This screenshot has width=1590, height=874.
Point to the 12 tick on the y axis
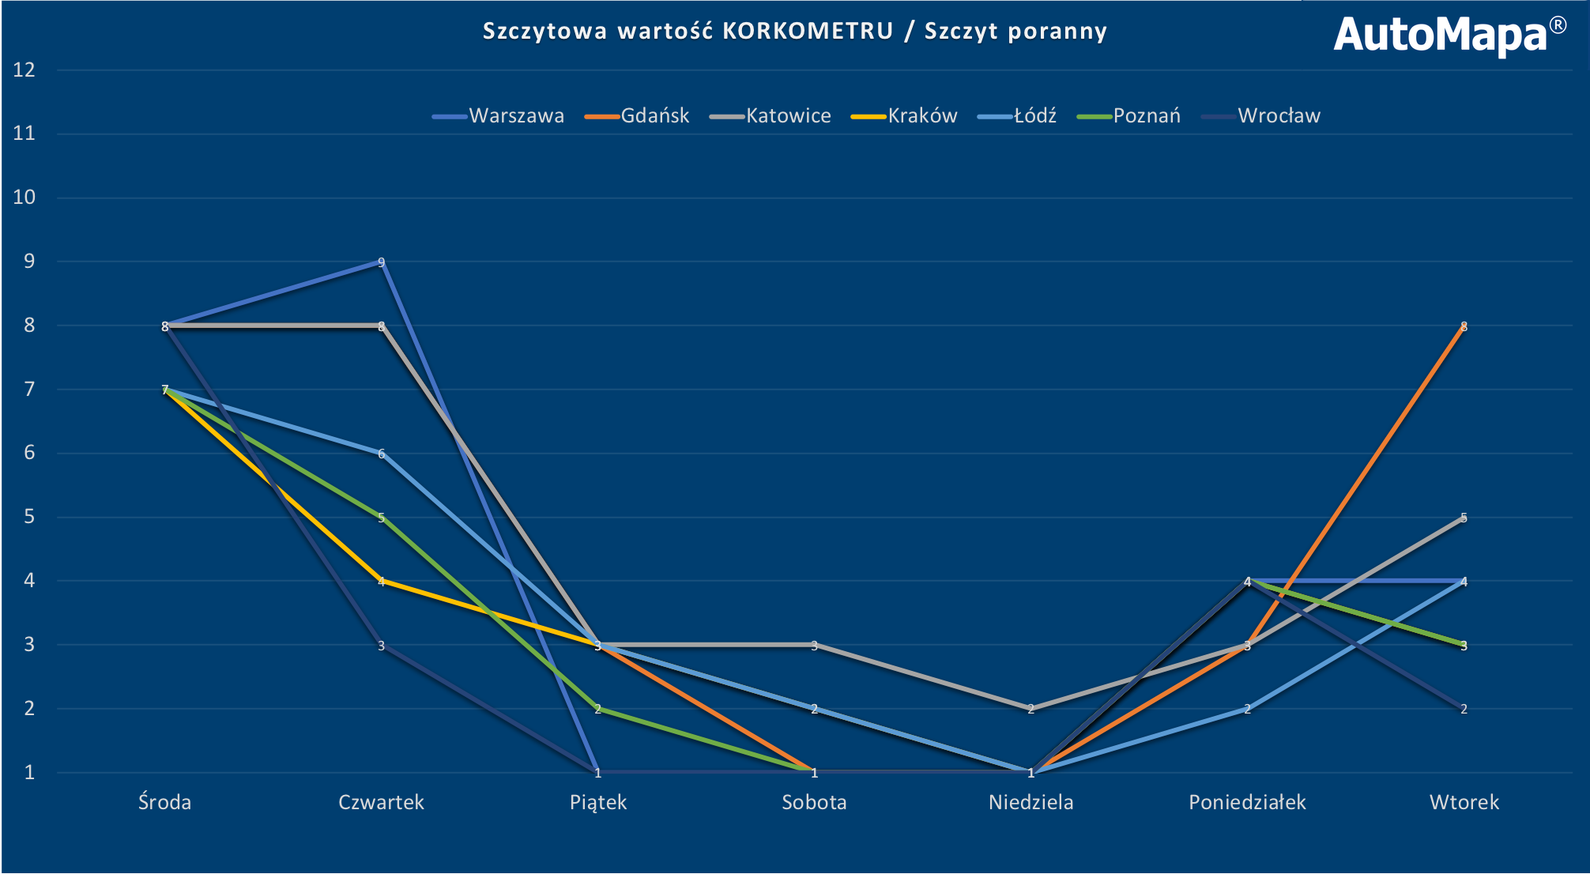point(24,70)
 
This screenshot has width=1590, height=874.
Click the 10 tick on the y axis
point(24,198)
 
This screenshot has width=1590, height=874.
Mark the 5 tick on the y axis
point(29,518)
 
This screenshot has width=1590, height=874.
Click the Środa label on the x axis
point(164,803)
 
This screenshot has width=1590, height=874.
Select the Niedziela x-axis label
point(1030,803)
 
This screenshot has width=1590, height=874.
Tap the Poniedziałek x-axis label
point(1247,803)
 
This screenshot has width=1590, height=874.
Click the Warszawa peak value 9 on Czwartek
point(381,262)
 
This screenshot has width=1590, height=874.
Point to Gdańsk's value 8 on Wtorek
point(1464,326)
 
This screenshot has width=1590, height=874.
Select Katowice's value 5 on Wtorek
point(1464,518)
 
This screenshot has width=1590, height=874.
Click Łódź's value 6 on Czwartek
point(381,454)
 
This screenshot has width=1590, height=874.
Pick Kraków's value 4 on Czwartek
point(381,582)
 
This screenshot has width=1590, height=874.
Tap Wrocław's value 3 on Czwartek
point(381,646)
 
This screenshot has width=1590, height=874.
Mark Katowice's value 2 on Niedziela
point(1030,709)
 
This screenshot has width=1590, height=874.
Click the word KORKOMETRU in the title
point(808,31)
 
